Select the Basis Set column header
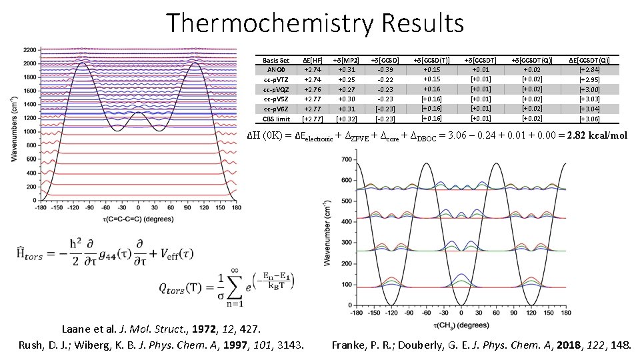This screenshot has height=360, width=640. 276,60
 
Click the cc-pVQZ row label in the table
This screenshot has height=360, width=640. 276,89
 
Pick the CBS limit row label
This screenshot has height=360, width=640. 276,119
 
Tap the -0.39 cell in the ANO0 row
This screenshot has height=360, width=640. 384,69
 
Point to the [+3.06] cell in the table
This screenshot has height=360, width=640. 589,119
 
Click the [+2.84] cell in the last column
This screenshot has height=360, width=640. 589,69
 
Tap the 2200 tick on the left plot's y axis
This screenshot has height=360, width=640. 29,50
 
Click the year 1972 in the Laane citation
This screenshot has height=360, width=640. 206,329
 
